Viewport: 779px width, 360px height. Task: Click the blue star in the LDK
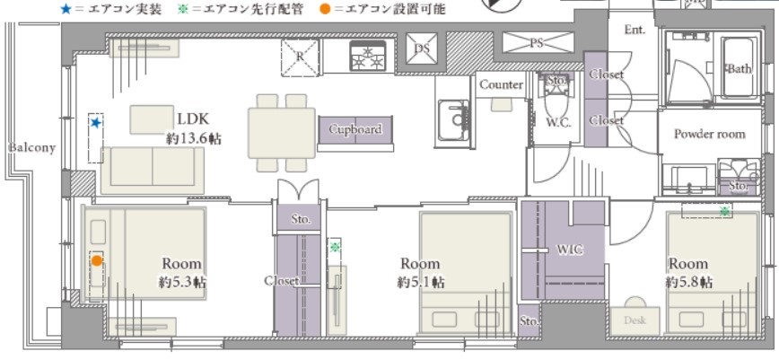tap(96, 122)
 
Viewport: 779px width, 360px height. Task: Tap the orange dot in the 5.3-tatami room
tap(96, 260)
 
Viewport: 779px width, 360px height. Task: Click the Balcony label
tap(31, 147)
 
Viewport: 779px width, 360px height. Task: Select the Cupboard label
tap(355, 129)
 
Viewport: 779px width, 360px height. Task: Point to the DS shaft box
tap(421, 48)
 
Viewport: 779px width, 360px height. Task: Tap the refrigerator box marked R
tap(300, 57)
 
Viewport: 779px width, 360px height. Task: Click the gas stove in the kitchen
tap(368, 56)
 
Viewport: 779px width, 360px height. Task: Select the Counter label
tap(502, 85)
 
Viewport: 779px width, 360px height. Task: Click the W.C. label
tap(558, 123)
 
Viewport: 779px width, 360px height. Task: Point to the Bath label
tap(740, 69)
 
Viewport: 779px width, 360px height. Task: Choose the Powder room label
tap(709, 134)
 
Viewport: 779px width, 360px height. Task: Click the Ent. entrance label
tap(635, 30)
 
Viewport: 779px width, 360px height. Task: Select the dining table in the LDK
tap(282, 133)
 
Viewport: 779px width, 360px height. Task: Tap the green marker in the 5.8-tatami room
tap(725, 211)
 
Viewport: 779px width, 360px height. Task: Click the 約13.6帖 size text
tap(194, 138)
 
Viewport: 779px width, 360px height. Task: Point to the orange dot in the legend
tap(325, 8)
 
